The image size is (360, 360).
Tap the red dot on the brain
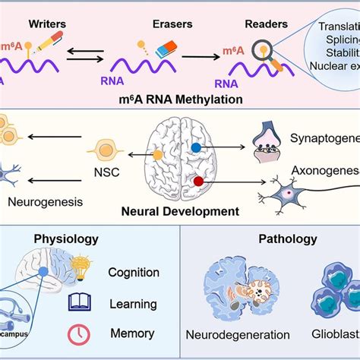198,182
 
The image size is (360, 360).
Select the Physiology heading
66,239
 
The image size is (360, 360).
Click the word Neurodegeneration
238,334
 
